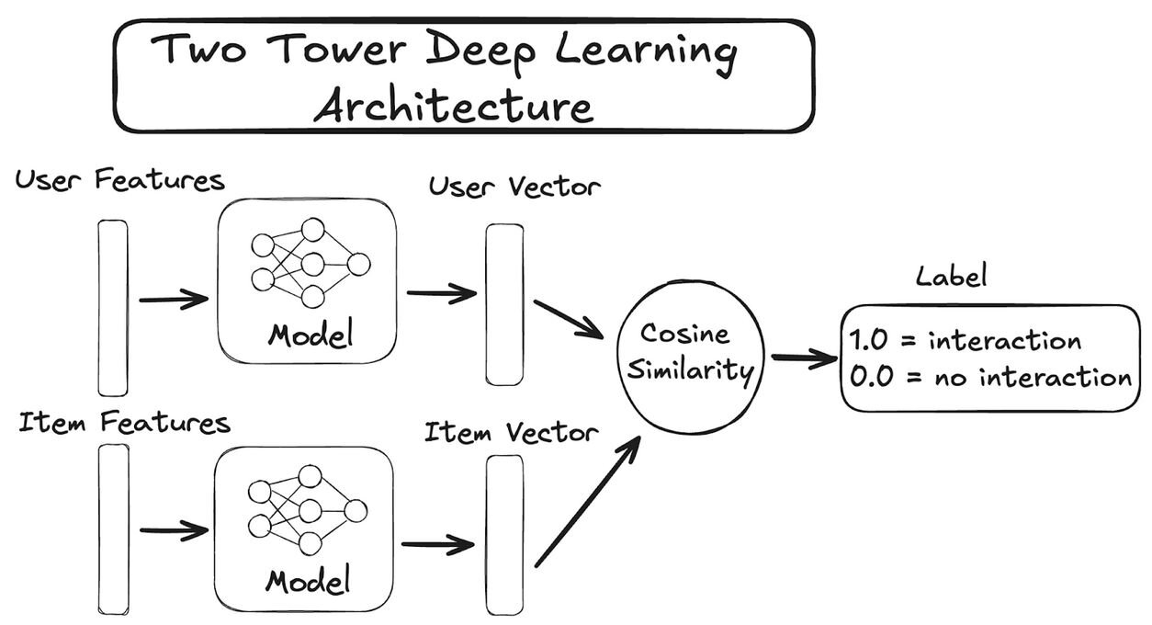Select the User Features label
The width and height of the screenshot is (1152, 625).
(x=119, y=180)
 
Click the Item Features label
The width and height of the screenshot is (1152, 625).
(x=124, y=423)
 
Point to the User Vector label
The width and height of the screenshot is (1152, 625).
(x=514, y=187)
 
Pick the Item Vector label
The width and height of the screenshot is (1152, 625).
(x=512, y=432)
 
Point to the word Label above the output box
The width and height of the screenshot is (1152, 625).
(x=952, y=276)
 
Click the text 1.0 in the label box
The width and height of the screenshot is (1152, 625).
(x=868, y=340)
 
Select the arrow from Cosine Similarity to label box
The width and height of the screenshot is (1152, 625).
(x=805, y=358)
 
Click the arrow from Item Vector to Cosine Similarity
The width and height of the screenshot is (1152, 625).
(x=588, y=502)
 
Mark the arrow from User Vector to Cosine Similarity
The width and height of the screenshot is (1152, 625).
(x=569, y=320)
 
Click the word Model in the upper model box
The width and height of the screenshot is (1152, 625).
(x=311, y=335)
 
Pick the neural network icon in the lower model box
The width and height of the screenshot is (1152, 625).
(x=308, y=511)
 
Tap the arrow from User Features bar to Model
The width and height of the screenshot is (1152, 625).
(x=174, y=300)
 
